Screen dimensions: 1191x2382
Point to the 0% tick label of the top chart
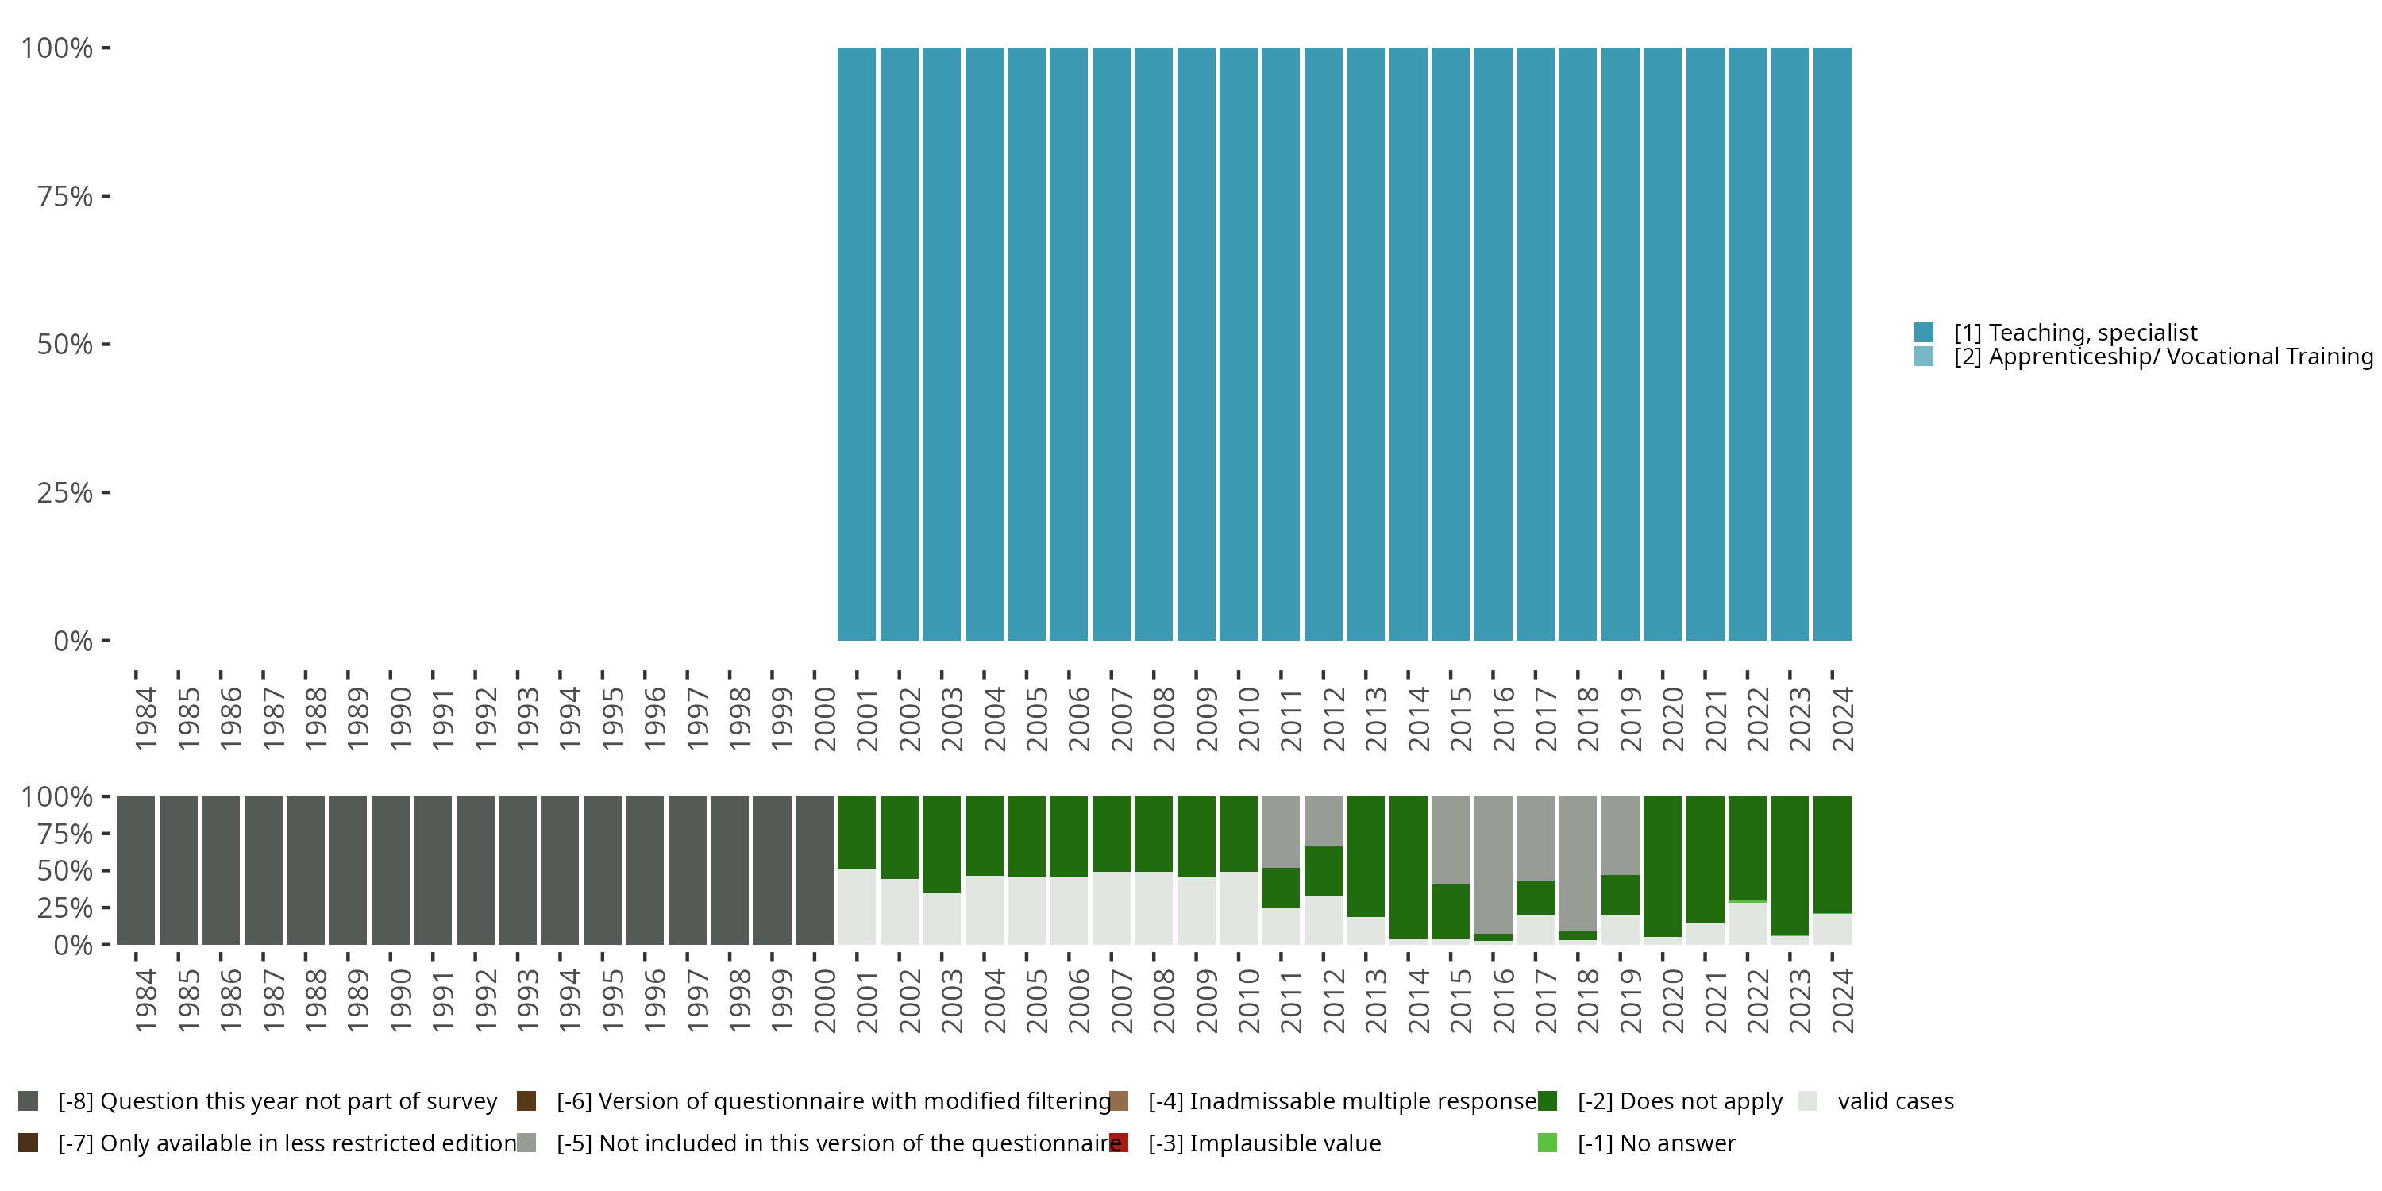click(x=73, y=641)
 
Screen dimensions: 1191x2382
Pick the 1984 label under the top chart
click(x=146, y=719)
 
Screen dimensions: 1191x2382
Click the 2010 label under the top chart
click(x=1249, y=719)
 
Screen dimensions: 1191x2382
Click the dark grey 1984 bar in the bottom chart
click(x=136, y=870)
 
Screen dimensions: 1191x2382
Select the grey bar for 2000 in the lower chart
click(x=815, y=870)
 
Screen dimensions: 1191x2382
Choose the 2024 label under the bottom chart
click(x=1842, y=1001)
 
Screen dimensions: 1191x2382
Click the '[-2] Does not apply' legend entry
click(x=1679, y=1101)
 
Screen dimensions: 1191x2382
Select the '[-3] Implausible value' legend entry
click(x=1264, y=1143)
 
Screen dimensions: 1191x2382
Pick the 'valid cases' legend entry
click(x=1894, y=1101)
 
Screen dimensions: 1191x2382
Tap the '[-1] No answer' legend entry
click(x=1656, y=1143)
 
